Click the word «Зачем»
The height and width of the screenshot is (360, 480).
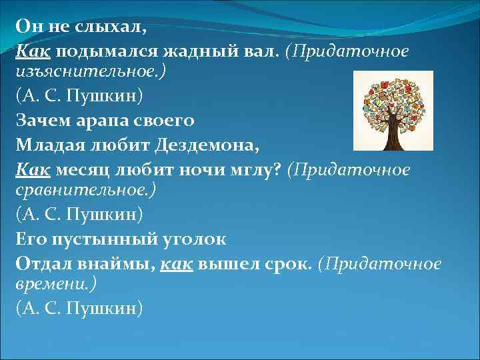[41, 121]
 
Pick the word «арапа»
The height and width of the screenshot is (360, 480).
[106, 121]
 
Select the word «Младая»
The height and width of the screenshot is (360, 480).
[47, 144]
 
